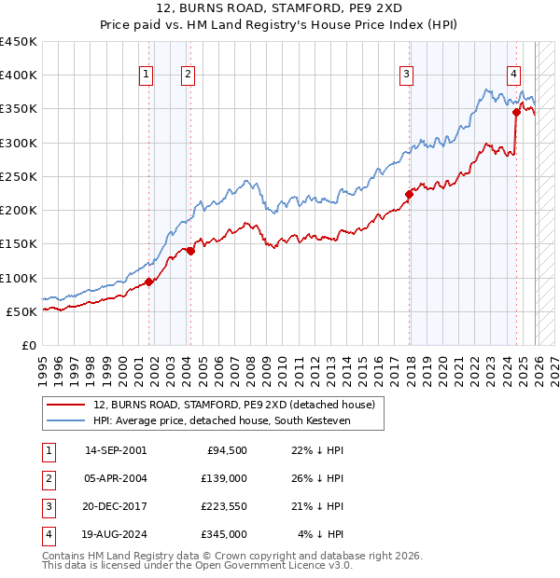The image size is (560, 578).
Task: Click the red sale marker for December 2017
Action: [409, 194]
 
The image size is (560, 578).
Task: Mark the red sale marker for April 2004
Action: [189, 251]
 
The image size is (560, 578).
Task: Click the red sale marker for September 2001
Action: [149, 282]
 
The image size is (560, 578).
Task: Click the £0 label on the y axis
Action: [28, 345]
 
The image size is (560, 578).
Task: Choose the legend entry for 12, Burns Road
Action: [233, 405]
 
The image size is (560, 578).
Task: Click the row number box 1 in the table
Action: [46, 450]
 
